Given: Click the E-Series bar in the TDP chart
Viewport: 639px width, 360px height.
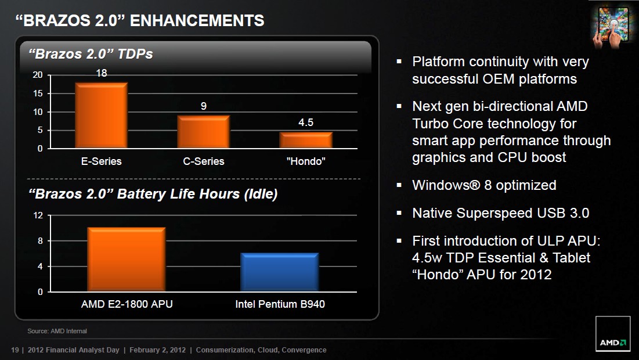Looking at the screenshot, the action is click(x=102, y=116).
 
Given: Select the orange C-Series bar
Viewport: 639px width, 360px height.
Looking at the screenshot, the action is click(x=203, y=132).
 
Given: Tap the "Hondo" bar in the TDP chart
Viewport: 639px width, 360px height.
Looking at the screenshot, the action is click(x=306, y=140).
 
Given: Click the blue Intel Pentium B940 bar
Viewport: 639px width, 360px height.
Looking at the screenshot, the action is click(x=280, y=272).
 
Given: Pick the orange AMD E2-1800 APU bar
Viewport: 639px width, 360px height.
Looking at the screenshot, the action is click(x=127, y=260).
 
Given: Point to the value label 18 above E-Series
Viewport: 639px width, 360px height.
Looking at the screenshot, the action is click(x=102, y=73).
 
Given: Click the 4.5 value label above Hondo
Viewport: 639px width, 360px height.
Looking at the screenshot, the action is click(x=306, y=123).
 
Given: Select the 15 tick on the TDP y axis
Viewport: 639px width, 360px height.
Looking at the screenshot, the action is click(x=38, y=93).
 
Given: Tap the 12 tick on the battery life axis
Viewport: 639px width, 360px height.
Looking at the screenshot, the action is click(x=38, y=215).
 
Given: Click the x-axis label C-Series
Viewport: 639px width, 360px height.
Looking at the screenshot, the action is click(x=203, y=161).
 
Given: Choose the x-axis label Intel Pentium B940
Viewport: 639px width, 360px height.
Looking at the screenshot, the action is click(x=280, y=304).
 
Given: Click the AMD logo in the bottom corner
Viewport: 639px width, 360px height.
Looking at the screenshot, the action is click(x=613, y=334).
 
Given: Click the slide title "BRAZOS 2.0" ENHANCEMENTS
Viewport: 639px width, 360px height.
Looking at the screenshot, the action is click(x=140, y=20).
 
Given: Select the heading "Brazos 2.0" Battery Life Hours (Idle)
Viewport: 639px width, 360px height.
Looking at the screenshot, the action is click(x=153, y=194).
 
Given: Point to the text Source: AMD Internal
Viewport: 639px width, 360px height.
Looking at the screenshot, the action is click(x=57, y=331).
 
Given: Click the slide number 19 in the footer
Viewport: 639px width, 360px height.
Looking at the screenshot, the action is click(x=15, y=350).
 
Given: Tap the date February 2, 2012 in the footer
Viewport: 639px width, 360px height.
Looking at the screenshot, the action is click(x=157, y=350).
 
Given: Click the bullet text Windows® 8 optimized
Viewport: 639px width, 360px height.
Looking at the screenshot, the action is click(x=484, y=185).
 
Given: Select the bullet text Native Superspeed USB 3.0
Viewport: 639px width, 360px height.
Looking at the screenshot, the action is click(x=501, y=213).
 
